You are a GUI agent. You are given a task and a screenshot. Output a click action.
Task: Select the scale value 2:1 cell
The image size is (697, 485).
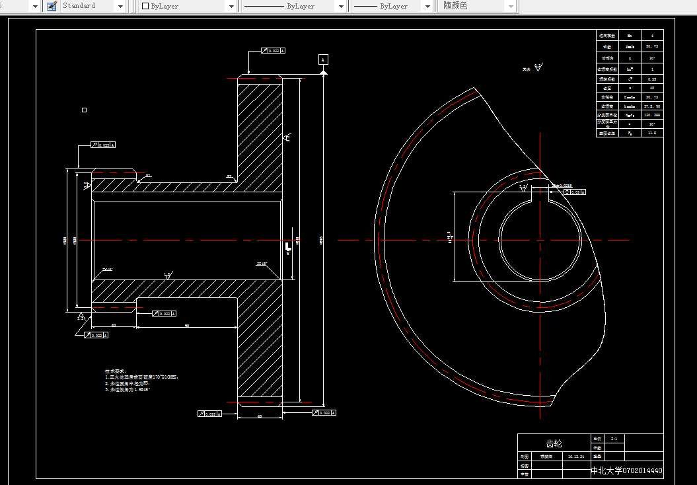tap(614, 438)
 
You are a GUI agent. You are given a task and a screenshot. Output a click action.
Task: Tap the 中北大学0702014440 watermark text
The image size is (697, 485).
tap(626, 470)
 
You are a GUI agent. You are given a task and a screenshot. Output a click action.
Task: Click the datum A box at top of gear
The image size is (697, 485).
tap(323, 59)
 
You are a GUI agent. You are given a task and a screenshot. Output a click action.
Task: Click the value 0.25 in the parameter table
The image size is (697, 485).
tap(651, 79)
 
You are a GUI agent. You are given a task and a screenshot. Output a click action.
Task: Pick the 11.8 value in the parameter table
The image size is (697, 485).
tap(651, 133)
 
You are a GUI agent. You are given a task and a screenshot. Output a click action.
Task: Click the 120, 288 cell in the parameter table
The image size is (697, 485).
tap(651, 115)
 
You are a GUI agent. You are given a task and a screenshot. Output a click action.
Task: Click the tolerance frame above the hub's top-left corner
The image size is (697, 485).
tap(102, 145)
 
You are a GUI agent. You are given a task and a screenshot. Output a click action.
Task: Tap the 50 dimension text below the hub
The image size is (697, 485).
tap(186, 326)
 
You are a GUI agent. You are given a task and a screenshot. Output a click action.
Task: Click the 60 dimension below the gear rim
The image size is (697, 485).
tap(260, 416)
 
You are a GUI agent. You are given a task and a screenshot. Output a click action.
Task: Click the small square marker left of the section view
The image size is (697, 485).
tap(84, 110)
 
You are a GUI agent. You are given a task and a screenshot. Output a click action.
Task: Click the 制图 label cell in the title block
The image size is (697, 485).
tap(524, 456)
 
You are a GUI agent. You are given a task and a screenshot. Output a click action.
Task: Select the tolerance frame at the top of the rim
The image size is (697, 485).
tap(273, 50)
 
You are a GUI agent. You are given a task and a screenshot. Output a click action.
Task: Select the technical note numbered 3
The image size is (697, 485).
tap(128, 390)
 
